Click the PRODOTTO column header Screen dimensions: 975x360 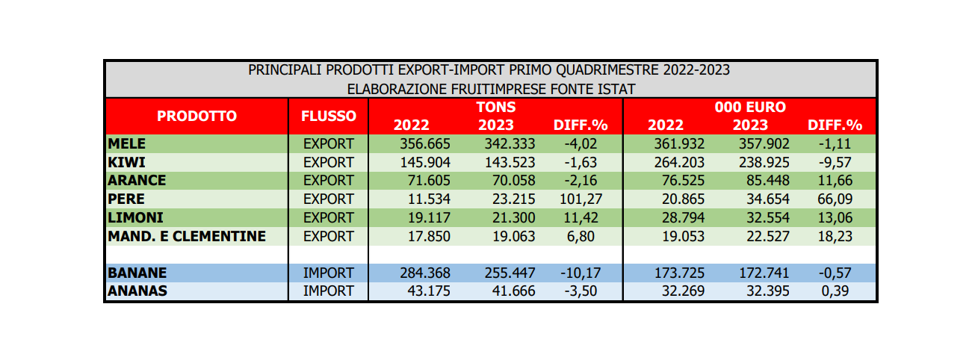click(196, 117)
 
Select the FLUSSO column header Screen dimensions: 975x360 click(329, 117)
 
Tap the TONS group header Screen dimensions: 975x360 click(496, 107)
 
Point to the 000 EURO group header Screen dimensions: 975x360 click(750, 107)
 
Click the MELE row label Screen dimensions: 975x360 click(127, 143)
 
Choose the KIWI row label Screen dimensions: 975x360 click(126, 162)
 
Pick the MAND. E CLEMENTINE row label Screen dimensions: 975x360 click(187, 236)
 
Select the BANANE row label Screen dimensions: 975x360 click(137, 273)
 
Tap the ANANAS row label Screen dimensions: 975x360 click(137, 291)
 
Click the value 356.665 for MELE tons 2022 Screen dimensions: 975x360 click(425, 143)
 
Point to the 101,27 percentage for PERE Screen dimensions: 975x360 click(581, 199)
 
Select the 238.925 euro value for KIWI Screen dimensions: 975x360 click(764, 162)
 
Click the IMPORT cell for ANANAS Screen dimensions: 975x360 click(329, 291)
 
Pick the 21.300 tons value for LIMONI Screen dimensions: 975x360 click(513, 217)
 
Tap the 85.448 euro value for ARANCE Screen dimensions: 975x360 click(768, 181)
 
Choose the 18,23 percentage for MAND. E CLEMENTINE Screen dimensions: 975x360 click(835, 236)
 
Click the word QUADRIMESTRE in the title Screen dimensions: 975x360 click(603, 70)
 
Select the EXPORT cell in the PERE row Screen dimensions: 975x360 click(329, 199)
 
